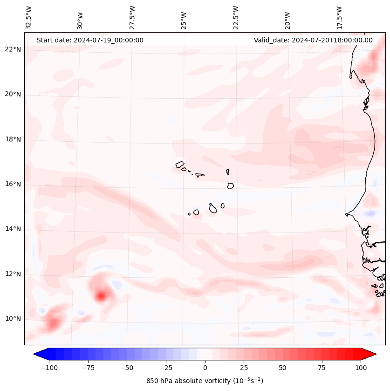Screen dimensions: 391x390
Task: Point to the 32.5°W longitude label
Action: [29, 17]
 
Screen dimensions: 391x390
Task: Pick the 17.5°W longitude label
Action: [339, 17]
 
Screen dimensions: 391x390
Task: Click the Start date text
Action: [90, 40]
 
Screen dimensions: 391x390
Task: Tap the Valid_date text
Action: [313, 40]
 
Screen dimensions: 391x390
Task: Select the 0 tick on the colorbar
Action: [205, 368]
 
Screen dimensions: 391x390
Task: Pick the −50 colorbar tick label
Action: [127, 368]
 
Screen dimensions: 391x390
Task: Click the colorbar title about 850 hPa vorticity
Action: [205, 381]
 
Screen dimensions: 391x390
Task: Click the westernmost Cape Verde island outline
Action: [180, 165]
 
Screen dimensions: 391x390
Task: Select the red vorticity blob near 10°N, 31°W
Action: [53, 322]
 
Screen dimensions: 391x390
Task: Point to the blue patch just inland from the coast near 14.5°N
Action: [370, 213]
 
